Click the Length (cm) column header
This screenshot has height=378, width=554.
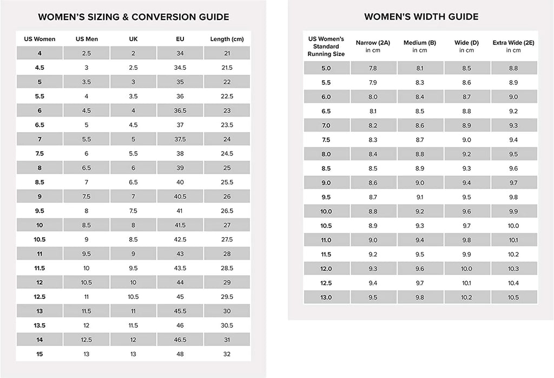tap(227, 39)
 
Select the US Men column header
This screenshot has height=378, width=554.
tap(87, 39)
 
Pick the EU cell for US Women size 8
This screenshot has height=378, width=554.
tap(180, 168)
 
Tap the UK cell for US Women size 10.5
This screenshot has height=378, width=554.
tap(133, 239)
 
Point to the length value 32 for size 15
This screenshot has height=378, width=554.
tap(227, 354)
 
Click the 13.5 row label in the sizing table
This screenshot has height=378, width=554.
tap(39, 325)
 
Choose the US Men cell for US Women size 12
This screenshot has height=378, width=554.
tap(87, 283)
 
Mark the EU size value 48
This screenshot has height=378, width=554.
tap(180, 354)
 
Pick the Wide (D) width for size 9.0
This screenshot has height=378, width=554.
tap(466, 183)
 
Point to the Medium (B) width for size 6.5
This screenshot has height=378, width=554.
tap(420, 111)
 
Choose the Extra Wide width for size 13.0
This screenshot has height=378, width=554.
tap(513, 297)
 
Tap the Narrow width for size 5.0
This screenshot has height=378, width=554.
tap(373, 68)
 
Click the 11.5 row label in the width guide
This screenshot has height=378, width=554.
tap(326, 254)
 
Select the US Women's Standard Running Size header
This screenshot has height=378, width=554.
tap(326, 47)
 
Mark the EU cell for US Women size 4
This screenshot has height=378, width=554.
tap(180, 53)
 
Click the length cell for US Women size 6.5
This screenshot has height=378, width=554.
tap(227, 125)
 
